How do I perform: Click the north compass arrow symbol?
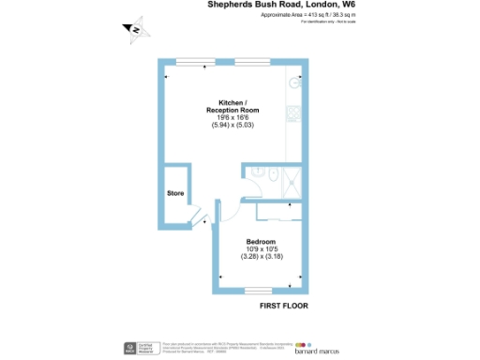point(138,31)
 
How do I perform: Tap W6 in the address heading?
point(348,5)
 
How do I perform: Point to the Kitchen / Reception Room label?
point(232,106)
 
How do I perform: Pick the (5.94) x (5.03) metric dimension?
point(232,127)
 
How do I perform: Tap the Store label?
point(175,194)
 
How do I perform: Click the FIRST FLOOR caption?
point(283,306)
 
